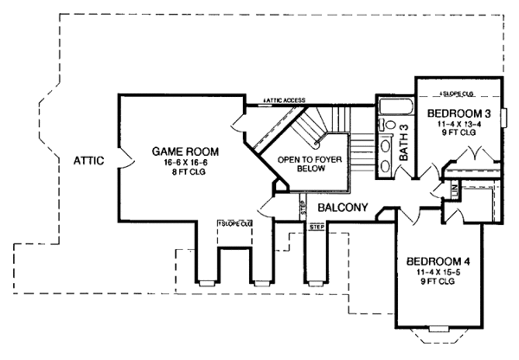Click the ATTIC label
(x=89, y=159)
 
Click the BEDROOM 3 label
(x=458, y=113)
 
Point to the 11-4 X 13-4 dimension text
(x=458, y=125)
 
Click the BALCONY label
(x=343, y=208)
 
